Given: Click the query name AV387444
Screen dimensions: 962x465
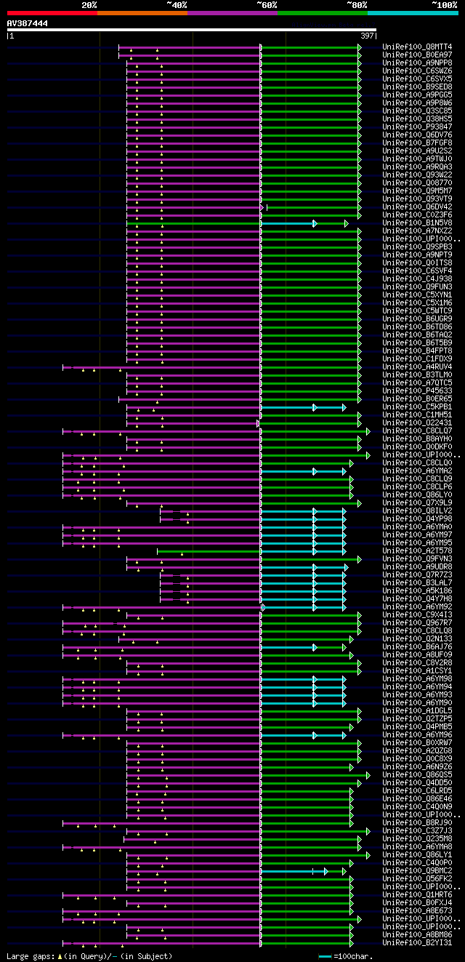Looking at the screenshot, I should pyautogui.click(x=28, y=23).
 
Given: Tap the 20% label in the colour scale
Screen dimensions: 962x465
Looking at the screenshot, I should pyautogui.click(x=89, y=5).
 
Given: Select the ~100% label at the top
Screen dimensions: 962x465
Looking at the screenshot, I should pyautogui.click(x=444, y=5).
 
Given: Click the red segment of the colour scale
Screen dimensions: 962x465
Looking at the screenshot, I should pyautogui.click(x=52, y=13).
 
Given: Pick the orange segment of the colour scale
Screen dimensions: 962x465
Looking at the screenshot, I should pyautogui.click(x=142, y=13).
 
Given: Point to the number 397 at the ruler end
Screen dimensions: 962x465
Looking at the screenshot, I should pyautogui.click(x=367, y=35).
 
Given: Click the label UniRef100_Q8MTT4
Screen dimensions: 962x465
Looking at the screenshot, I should pyautogui.click(x=417, y=47).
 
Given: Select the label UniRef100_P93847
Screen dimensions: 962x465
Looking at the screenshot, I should pyautogui.click(x=417, y=127).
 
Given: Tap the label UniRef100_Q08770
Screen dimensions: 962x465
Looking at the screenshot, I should pyautogui.click(x=417, y=183).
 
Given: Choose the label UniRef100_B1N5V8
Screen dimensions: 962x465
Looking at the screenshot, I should pyautogui.click(x=417, y=223).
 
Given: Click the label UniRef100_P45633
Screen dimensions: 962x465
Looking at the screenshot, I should pyautogui.click(x=417, y=390).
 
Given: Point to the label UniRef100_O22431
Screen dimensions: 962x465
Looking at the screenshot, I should pyautogui.click(x=417, y=422).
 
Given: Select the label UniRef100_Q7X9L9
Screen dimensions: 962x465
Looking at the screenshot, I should pyautogui.click(x=417, y=502).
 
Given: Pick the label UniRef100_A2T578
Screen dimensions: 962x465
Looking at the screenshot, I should pyautogui.click(x=417, y=550).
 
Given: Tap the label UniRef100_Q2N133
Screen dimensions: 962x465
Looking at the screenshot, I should pyautogui.click(x=417, y=638).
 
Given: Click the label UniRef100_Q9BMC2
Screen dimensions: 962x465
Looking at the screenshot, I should pyautogui.click(x=417, y=870).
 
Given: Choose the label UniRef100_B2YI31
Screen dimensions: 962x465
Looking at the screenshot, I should pyautogui.click(x=417, y=942).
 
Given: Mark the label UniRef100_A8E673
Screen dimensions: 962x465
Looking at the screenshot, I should pyautogui.click(x=417, y=910).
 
